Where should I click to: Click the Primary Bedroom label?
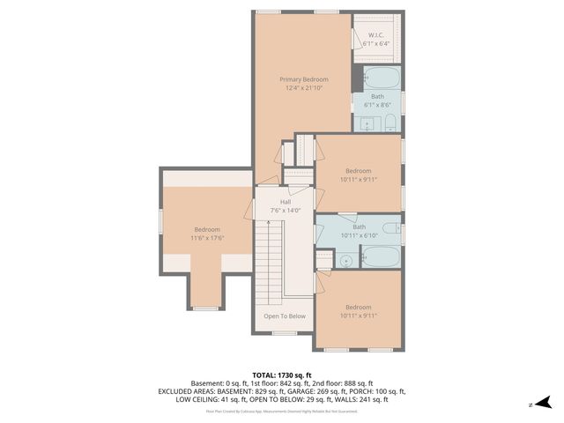pos(303,79)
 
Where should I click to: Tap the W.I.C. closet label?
pos(377,35)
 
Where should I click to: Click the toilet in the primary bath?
pos(391,122)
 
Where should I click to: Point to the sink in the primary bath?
pos(371,122)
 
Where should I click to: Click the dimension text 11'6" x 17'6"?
pos(207,238)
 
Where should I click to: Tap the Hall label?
pos(285,202)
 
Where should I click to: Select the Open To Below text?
pos(285,315)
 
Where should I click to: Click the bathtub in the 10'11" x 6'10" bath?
pos(381,257)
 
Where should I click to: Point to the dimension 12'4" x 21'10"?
pos(303,88)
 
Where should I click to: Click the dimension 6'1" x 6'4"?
pos(377,44)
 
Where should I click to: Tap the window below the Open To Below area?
pos(284,333)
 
